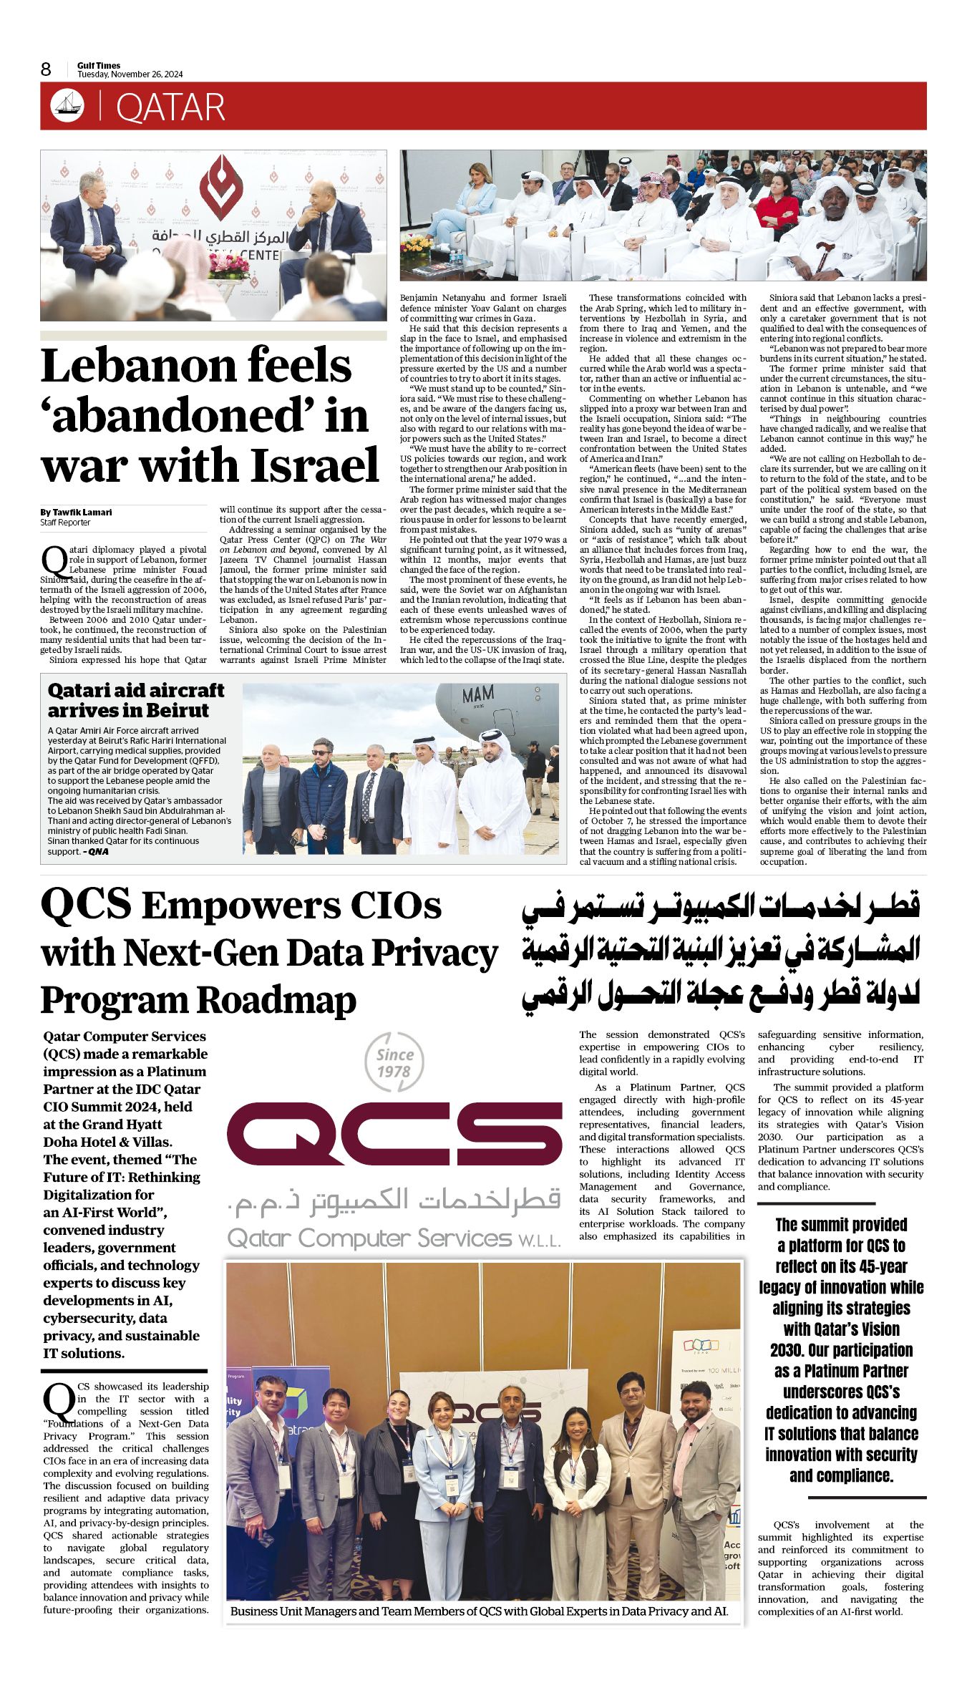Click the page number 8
[x=47, y=69]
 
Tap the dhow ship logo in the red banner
[x=67, y=106]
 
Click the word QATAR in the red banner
[x=170, y=107]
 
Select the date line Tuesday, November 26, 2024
[x=130, y=74]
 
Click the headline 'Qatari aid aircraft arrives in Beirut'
[x=135, y=700]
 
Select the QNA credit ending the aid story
[x=97, y=851]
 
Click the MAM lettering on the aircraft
[x=477, y=695]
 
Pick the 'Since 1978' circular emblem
[x=394, y=1063]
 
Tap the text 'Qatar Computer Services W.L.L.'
[x=394, y=1238]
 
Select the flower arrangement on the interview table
[x=229, y=266]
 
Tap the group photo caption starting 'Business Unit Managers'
[x=479, y=1611]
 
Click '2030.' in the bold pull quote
[x=787, y=1349]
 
